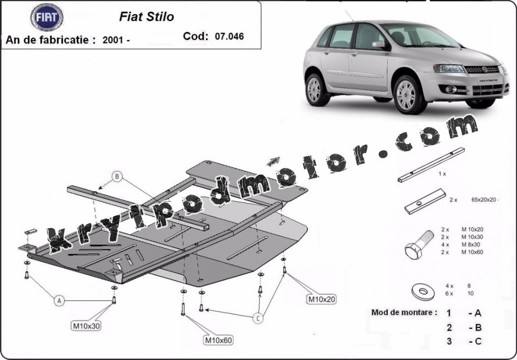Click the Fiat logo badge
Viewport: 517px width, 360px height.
point(47,17)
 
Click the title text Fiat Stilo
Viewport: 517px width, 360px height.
point(146,17)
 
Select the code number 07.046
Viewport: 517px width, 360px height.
point(229,36)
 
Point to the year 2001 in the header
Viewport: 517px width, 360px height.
point(113,40)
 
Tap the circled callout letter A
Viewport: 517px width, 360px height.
point(59,300)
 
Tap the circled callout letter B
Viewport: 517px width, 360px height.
point(117,177)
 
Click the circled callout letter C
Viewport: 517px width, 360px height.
point(258,318)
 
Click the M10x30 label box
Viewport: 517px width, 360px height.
point(86,326)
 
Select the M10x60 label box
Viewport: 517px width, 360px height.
point(218,340)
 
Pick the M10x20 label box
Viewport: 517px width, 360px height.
point(321,300)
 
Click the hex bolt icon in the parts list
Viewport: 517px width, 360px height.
point(419,244)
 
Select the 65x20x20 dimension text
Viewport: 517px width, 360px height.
point(484,200)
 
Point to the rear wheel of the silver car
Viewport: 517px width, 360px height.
point(315,90)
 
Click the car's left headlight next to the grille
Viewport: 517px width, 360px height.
point(448,68)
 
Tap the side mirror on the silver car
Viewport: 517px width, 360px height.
point(379,45)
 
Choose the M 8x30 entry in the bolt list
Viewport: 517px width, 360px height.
point(470,244)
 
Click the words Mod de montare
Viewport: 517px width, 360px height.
point(404,312)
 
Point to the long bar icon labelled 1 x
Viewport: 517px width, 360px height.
point(431,165)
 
